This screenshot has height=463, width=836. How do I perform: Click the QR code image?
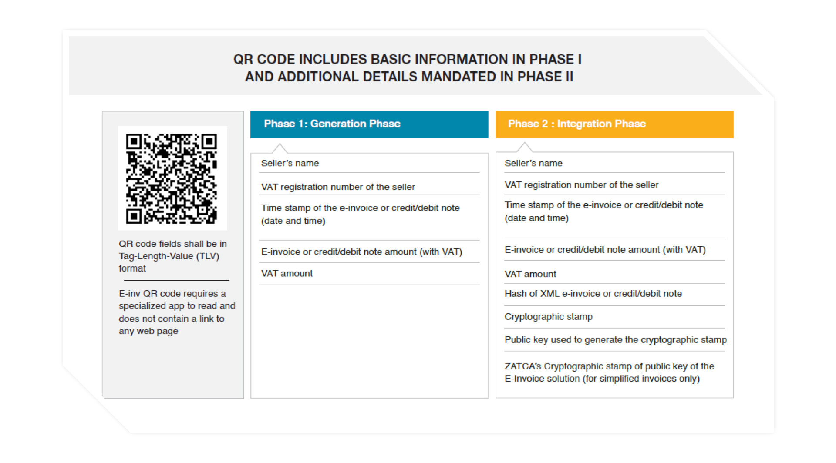coord(172,178)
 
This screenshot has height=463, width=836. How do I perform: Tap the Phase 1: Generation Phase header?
coord(369,124)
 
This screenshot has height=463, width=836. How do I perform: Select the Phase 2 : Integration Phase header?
coord(614,124)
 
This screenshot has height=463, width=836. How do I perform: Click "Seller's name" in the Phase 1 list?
coord(290,163)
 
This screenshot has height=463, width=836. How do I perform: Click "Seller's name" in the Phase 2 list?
coord(533,163)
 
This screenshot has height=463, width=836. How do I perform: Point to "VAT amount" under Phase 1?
coord(287,273)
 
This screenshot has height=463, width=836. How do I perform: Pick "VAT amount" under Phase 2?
coord(530,274)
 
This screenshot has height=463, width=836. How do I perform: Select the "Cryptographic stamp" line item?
coord(549,317)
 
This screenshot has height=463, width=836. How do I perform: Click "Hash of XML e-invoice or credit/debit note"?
coord(593,294)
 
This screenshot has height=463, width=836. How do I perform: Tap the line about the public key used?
coord(616,340)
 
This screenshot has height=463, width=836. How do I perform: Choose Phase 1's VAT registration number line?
coord(338,187)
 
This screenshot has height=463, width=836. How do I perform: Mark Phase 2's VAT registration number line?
coord(581,185)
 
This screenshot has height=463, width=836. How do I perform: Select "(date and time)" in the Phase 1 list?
coord(293,221)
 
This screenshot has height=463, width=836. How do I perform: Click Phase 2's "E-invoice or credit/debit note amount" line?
coord(605,250)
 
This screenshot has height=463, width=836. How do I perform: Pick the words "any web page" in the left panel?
coord(148,331)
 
